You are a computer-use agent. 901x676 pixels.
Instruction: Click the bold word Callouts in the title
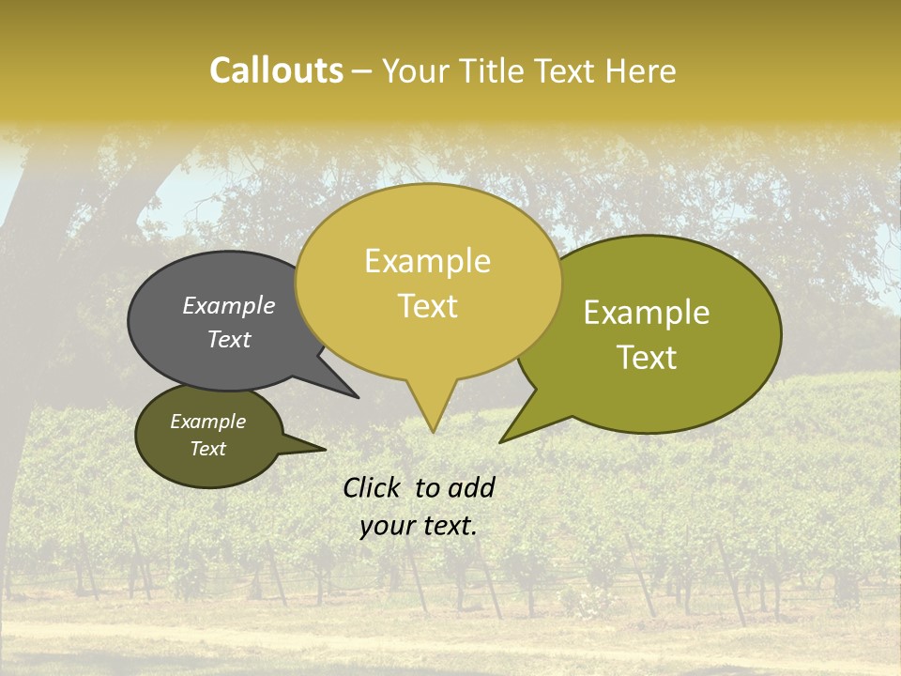pos(276,70)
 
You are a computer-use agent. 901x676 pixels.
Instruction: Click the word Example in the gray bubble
pos(229,305)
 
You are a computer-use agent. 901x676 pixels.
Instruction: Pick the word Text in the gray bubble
pos(229,339)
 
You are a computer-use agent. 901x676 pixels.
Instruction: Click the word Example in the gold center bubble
pos(427,261)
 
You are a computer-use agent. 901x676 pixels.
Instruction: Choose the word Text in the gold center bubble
pos(427,306)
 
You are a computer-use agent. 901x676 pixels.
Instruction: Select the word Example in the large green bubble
pos(647,313)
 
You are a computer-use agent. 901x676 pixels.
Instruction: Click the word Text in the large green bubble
pos(647,358)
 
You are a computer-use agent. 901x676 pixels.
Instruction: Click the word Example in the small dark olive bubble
pos(207,422)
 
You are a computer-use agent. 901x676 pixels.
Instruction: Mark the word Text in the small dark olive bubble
pos(207,449)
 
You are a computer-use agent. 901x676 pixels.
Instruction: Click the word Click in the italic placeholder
pos(371,487)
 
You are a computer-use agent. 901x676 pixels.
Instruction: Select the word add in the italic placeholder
pos(471,487)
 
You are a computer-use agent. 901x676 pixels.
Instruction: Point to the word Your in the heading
pos(413,70)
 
